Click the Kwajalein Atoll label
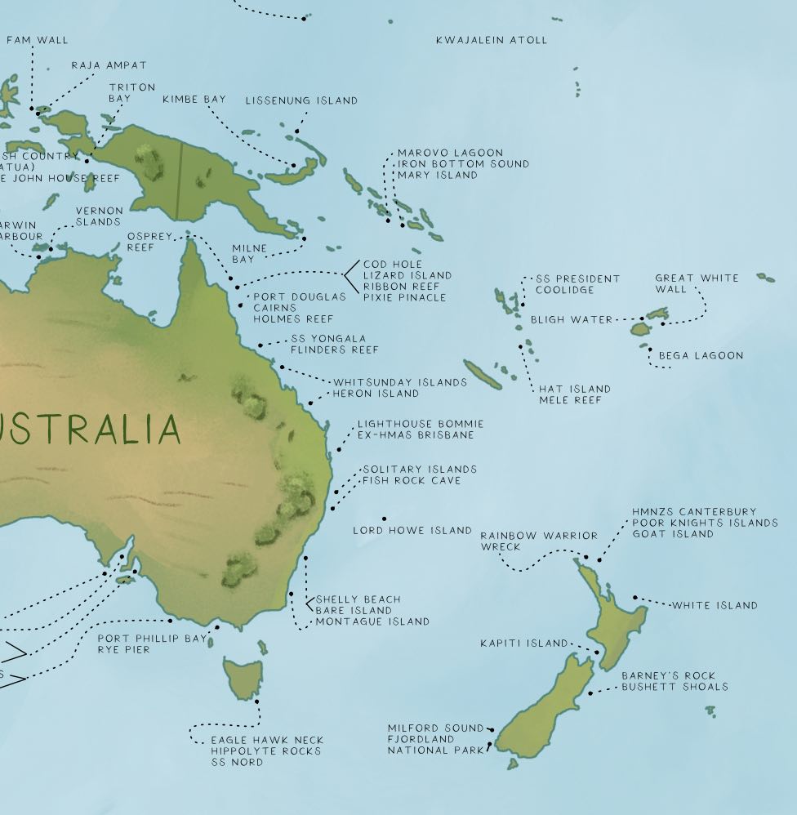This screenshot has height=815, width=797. tap(491, 40)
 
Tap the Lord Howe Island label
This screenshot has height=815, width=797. tap(412, 531)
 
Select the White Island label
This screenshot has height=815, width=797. tap(715, 606)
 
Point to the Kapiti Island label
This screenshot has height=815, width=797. tap(523, 644)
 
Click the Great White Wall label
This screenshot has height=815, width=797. tap(697, 283)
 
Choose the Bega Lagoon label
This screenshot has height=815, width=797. tap(701, 356)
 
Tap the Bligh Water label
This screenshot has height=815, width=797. tap(571, 320)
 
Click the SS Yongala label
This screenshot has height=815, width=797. tap(328, 339)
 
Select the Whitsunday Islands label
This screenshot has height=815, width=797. tap(400, 382)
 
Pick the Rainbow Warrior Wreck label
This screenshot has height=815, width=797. tap(538, 541)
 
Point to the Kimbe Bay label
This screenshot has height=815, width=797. tap(194, 100)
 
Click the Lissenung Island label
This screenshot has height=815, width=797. tap(301, 100)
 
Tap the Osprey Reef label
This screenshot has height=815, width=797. tap(149, 241)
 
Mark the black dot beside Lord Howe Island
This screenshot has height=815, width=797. tap(384, 519)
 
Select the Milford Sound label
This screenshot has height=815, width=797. tap(435, 728)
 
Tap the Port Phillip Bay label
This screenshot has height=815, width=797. tap(152, 639)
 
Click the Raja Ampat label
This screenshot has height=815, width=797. tap(109, 65)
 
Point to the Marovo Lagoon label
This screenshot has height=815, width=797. tap(450, 153)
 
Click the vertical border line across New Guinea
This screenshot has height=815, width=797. tap(180, 180)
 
